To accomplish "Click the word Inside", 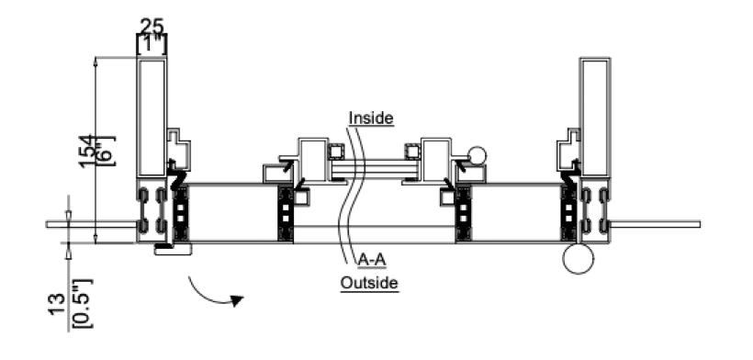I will tap(371, 118).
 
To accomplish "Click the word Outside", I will tap(369, 282).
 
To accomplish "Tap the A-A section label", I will tap(371, 259).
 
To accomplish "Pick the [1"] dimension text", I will tap(152, 42).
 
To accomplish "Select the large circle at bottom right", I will tap(579, 259).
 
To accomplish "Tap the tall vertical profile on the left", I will tap(152, 116).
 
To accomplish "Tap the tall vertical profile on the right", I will tap(594, 116).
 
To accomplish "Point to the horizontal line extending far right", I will tap(657, 223).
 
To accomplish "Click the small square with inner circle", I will tap(337, 152).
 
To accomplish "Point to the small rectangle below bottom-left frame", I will tap(173, 248).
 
